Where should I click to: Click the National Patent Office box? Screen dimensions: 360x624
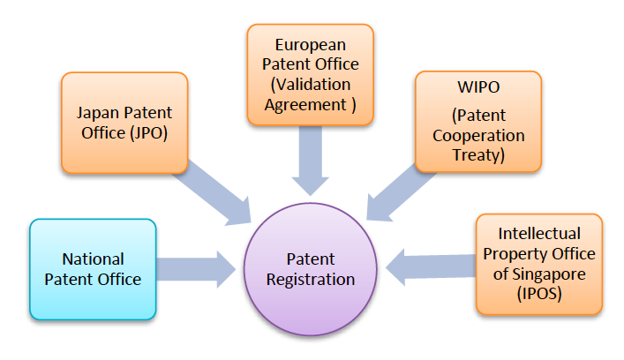pos(93,269)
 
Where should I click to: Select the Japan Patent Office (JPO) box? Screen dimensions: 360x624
pos(124,123)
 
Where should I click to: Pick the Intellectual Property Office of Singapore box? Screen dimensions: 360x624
pos(539,264)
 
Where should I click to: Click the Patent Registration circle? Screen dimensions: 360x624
pos(310,269)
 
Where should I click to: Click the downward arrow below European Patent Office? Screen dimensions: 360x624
pos(310,160)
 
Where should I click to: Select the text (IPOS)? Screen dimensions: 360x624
pos(539,294)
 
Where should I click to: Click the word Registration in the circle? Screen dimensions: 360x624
pos(311,280)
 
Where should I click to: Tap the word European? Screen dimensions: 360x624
pos(309,43)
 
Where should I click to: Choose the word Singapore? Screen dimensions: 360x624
pos(558,274)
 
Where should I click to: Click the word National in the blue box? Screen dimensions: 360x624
pos(93,259)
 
